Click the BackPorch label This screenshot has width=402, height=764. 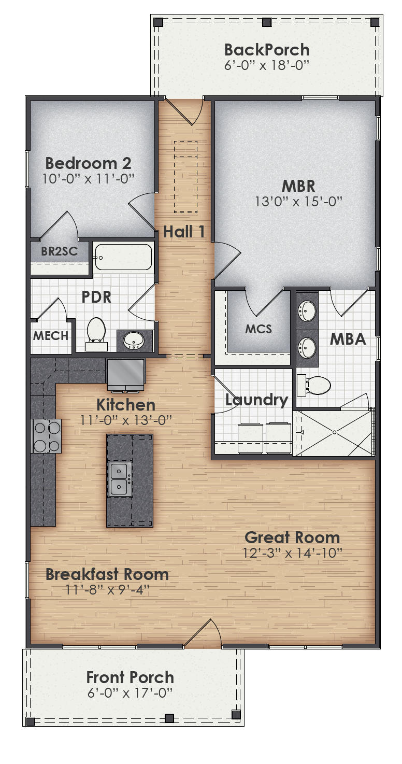coord(267,50)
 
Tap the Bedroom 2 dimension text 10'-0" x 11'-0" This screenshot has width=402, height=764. coord(88,178)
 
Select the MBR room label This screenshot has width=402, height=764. coord(298,186)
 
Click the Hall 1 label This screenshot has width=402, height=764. coord(184,232)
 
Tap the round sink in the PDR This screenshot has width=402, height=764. coord(135,340)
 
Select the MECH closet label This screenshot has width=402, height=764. coord(51,336)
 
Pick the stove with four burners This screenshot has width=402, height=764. coord(47,436)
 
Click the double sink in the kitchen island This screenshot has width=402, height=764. coord(120,479)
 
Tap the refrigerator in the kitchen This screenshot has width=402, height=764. coord(126,373)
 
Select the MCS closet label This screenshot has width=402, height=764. coord(259,329)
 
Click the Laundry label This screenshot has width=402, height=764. coord(256,400)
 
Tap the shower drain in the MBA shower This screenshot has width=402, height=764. coord(335,432)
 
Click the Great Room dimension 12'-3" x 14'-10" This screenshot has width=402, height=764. coord(293,553)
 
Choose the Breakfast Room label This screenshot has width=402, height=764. coord(107,574)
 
